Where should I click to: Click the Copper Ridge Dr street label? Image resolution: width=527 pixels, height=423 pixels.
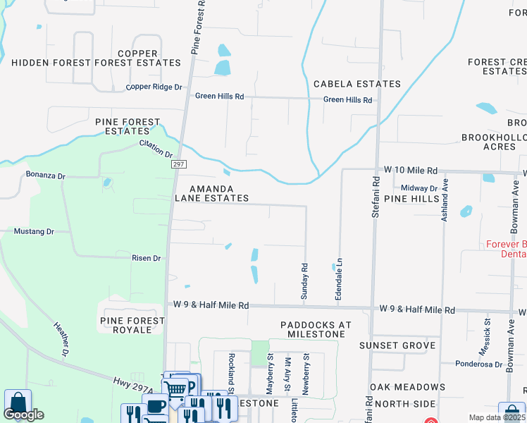point(154,87)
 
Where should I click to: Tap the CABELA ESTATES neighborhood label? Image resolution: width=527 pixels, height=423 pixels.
point(357,84)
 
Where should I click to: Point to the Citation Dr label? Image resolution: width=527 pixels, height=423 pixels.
point(156,149)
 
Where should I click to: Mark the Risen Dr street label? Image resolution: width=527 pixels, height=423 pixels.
point(147,258)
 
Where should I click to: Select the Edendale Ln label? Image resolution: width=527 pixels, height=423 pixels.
point(339,282)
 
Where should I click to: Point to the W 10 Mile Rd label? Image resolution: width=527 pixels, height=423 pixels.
point(410,171)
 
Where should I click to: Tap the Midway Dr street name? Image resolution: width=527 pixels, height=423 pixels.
point(419,188)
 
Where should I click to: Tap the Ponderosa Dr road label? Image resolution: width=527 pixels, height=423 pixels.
point(473,364)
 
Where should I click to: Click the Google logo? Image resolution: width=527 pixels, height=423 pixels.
point(24,414)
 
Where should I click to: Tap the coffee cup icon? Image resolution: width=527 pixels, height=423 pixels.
point(156,405)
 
